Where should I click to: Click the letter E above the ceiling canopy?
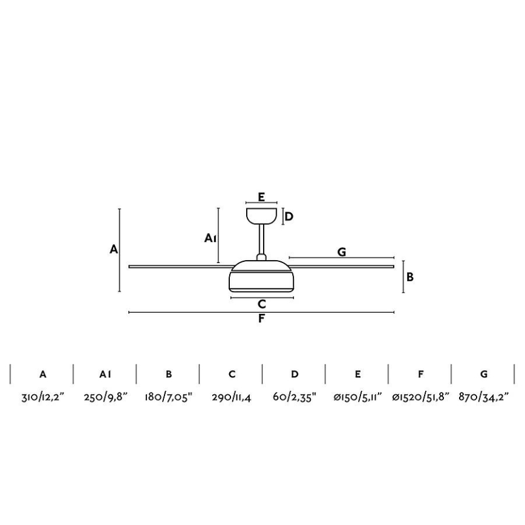261,197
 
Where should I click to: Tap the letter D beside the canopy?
289,217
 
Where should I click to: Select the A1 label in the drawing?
210,238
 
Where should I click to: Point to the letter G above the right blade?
342,252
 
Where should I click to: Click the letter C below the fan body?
262,304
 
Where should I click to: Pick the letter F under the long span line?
261,318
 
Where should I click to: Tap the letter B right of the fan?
410,277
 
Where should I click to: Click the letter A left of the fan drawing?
114,249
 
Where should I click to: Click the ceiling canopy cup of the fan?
261,215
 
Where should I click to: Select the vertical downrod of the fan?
261,240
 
